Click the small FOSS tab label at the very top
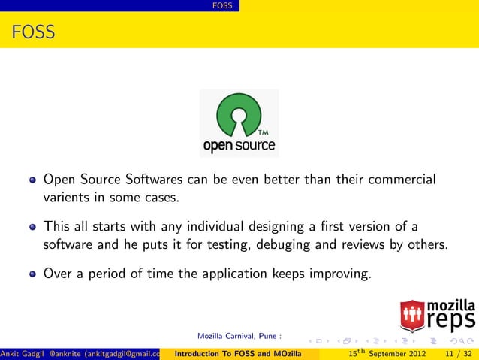tap(222, 6)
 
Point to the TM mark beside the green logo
tap(264, 134)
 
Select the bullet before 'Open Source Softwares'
tap(33, 181)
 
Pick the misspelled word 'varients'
tap(67, 198)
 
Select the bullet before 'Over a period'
tap(33, 274)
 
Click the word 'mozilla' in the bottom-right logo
tap(450, 306)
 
